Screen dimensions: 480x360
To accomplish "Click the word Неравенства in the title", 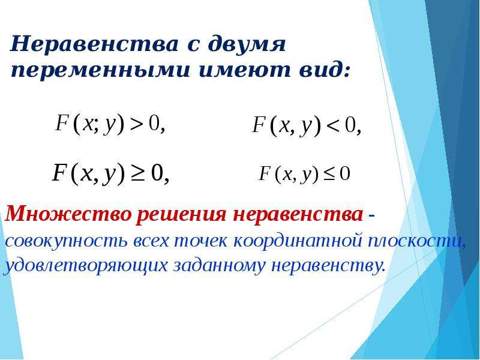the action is coord(94,44).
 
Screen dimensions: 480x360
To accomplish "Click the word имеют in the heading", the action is coord(244,70).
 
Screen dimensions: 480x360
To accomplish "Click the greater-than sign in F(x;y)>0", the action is coord(137,124).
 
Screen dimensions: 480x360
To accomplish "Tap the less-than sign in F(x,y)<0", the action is coord(334,125).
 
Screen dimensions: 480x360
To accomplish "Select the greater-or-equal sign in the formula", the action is coord(138,173).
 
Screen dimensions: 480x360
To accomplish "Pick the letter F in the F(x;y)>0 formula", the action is coord(61,122).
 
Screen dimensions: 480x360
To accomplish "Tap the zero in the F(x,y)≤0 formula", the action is coord(344,174).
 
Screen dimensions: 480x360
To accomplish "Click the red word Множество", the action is coord(68,214).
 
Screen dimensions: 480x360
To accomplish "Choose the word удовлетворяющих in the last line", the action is coord(86,265).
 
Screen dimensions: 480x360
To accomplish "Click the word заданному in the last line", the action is coord(218,265).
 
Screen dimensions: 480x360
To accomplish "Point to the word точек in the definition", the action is coord(201,241).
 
